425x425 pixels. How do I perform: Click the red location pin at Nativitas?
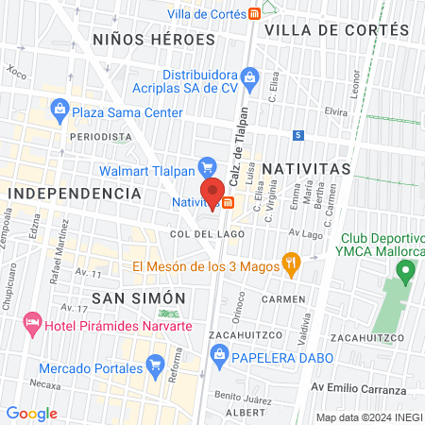213,191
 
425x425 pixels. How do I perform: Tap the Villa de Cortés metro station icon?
255,13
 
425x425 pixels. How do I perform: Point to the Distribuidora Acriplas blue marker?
249,75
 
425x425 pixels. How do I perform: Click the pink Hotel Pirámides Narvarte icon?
34,324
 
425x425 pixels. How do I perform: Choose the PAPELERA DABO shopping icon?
219,354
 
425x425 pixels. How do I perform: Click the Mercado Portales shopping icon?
157,362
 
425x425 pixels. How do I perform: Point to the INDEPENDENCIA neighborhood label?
75,193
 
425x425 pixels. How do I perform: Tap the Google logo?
31,413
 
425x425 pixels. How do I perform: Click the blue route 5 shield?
297,136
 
